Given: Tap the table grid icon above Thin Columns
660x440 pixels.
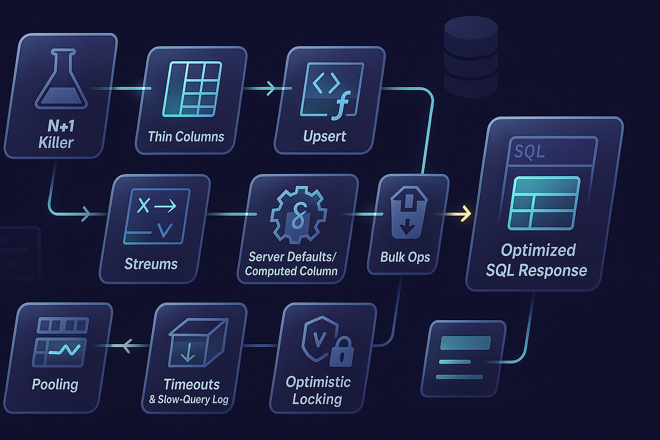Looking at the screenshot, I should coord(192,89).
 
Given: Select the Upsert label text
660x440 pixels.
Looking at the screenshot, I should coord(324,137).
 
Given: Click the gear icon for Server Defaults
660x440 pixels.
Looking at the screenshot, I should coord(298,215).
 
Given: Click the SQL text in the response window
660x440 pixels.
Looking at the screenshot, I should coord(529,152).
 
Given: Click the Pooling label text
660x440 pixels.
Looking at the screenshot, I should coord(55,385).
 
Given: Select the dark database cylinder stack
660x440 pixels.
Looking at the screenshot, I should coord(470,57).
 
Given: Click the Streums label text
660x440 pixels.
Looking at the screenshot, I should coord(151,264).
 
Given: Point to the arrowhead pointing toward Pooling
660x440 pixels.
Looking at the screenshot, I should coord(125,346).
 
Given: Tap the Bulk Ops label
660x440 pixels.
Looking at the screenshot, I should coord(405,257).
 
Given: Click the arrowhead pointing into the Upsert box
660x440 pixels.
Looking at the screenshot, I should coord(271,88).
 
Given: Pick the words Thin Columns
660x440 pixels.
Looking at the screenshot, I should coord(186,137).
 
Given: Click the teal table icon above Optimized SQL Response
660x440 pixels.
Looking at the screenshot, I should coord(544,203).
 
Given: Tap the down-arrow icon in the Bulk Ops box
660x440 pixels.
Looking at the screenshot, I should coord(407,229).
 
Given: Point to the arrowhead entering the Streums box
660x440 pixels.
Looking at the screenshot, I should coord(86,214).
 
